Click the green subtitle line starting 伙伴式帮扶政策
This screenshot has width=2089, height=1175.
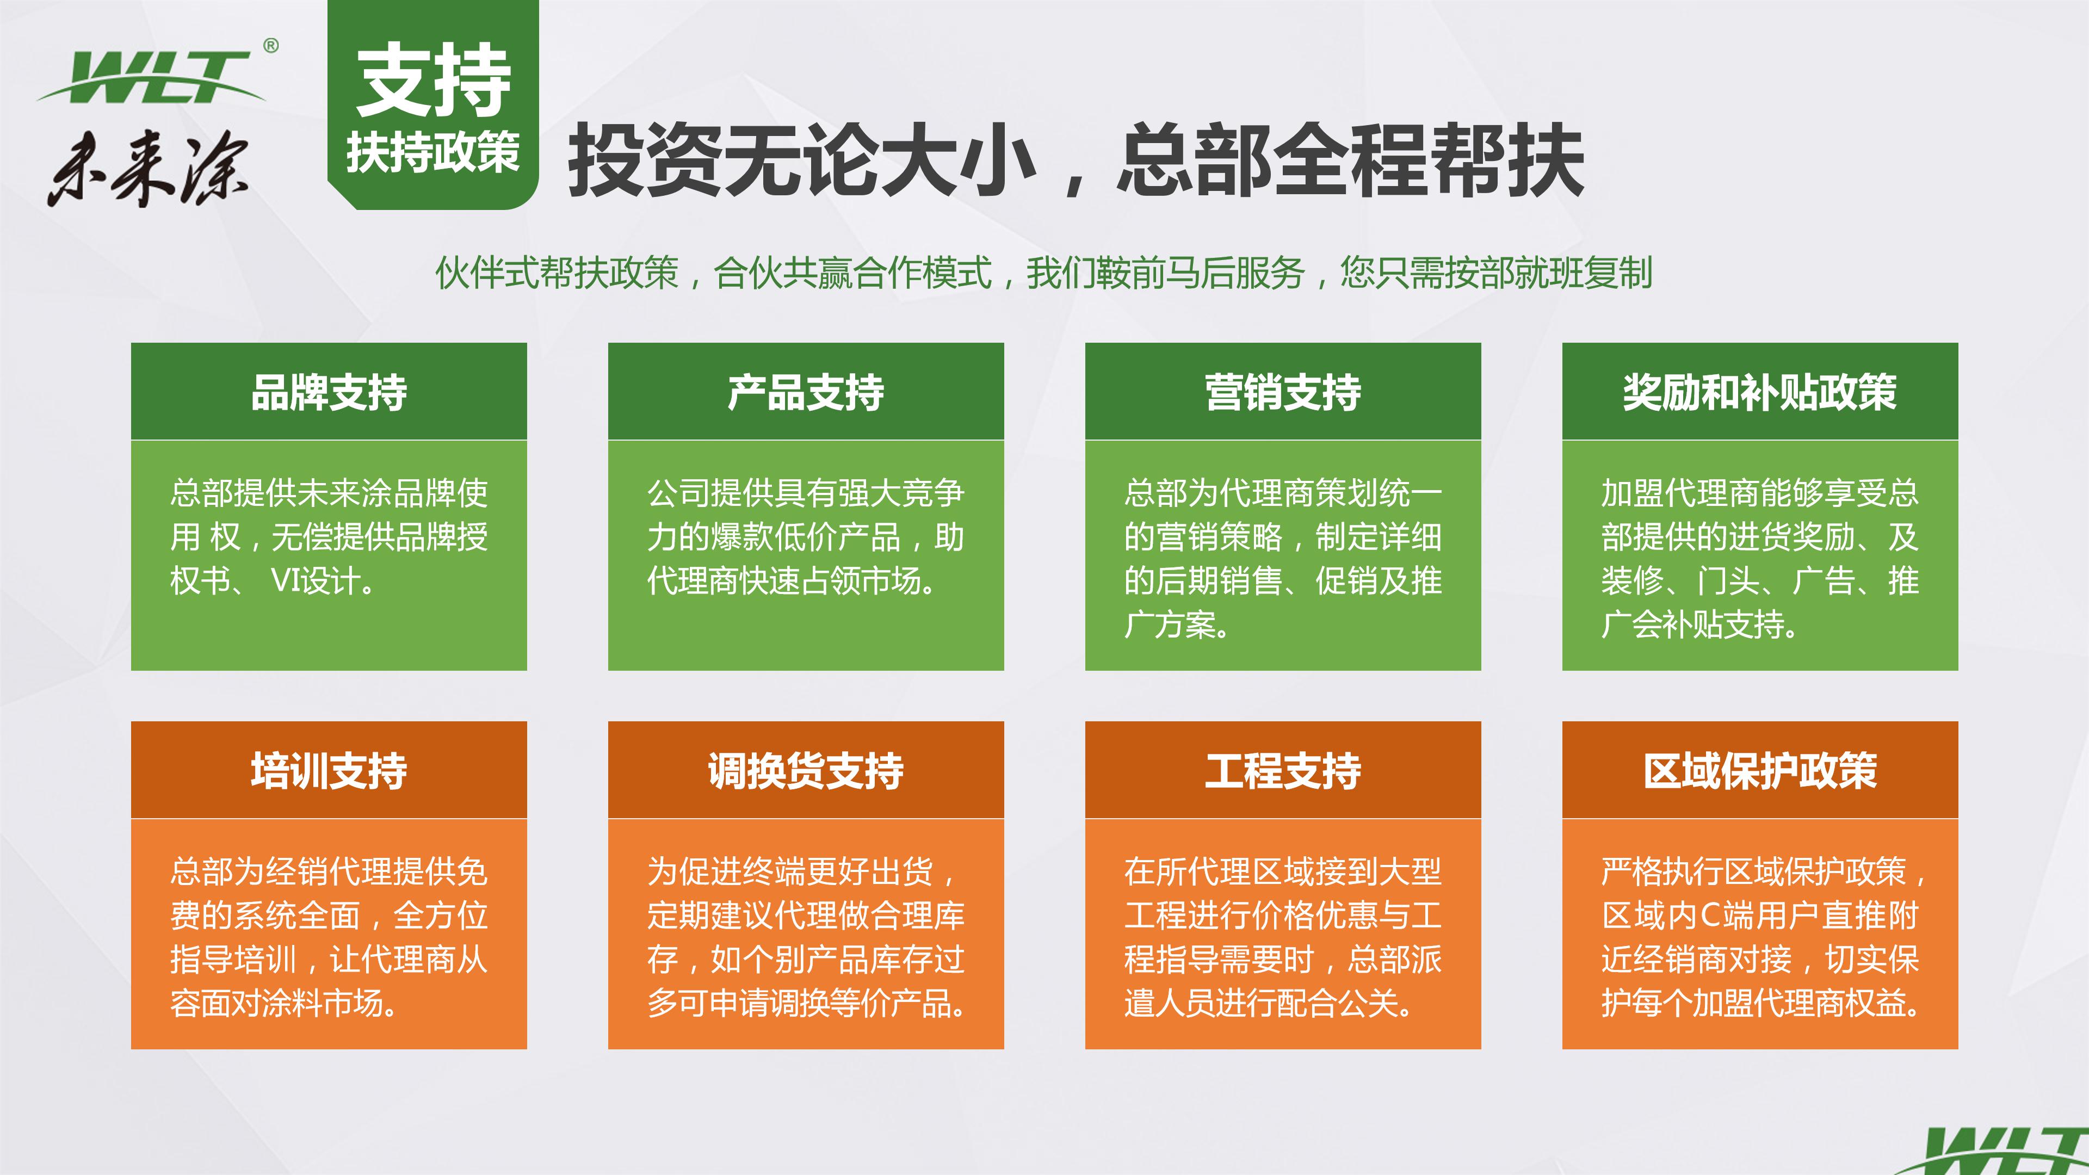tap(1044, 273)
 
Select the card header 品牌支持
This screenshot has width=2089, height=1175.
tap(329, 392)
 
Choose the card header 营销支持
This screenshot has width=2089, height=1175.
tap(1282, 392)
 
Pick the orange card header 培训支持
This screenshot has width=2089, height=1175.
tap(329, 770)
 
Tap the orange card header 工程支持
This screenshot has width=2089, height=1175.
tap(1282, 770)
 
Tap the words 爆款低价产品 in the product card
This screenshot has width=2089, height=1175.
tap(806, 537)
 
